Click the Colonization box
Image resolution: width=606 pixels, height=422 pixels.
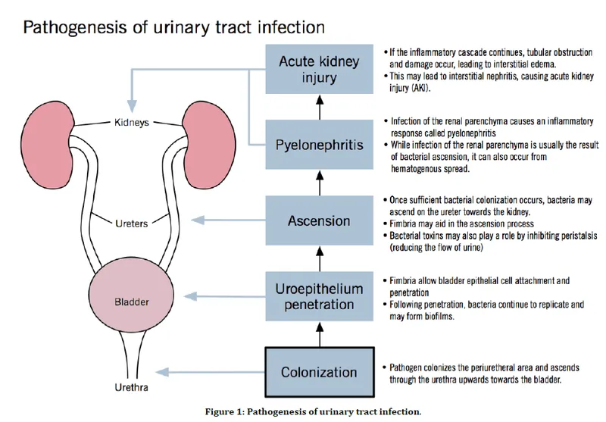pos(319,372)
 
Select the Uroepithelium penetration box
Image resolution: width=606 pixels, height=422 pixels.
pos(319,295)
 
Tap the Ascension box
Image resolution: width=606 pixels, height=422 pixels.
pos(319,221)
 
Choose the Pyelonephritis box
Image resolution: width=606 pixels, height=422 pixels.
pos(319,142)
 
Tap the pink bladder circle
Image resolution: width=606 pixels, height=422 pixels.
pos(130,301)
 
